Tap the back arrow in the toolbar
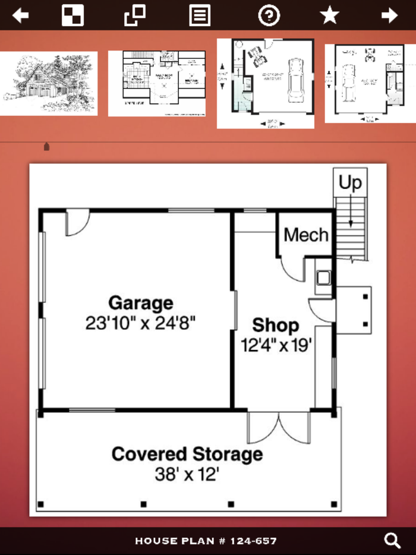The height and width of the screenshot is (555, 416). pyautogui.click(x=21, y=15)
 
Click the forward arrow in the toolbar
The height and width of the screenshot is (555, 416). pyautogui.click(x=389, y=15)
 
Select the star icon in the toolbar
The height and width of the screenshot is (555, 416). pyautogui.click(x=329, y=15)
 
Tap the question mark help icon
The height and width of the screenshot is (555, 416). pyautogui.click(x=269, y=15)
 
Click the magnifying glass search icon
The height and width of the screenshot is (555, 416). pyautogui.click(x=392, y=540)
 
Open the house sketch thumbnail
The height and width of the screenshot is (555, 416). pyautogui.click(x=49, y=83)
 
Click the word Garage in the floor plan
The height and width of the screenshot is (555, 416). pyautogui.click(x=141, y=303)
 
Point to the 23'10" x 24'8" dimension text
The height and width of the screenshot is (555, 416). pyautogui.click(x=141, y=323)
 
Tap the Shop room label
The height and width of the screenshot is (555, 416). pyautogui.click(x=275, y=325)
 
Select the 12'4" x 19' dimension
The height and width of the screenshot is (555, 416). pyautogui.click(x=276, y=345)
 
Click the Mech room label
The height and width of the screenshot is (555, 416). pyautogui.click(x=305, y=235)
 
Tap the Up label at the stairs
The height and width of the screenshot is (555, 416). pyautogui.click(x=350, y=183)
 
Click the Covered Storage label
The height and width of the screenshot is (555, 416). pyautogui.click(x=187, y=455)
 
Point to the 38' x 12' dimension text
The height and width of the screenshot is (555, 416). pyautogui.click(x=187, y=475)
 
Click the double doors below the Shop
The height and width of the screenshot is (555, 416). pyautogui.click(x=279, y=427)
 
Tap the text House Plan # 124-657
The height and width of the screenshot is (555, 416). pyautogui.click(x=206, y=541)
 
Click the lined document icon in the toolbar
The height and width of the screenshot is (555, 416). pyautogui.click(x=200, y=15)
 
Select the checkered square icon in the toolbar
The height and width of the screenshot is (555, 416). pyautogui.click(x=73, y=15)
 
